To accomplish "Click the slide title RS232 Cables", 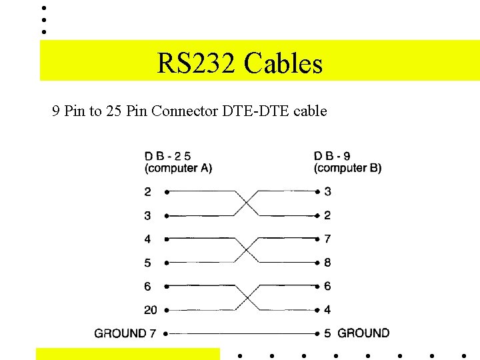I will pyautogui.click(x=240, y=64).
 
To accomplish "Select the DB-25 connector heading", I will pyautogui.click(x=168, y=156).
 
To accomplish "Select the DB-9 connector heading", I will pyautogui.click(x=333, y=156).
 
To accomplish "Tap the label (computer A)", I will pyautogui.click(x=178, y=168).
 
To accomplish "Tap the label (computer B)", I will pyautogui.click(x=348, y=168).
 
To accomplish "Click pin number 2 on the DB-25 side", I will pyautogui.click(x=147, y=192).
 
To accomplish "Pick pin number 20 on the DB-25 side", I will pyautogui.click(x=151, y=310).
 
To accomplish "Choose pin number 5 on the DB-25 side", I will pyautogui.click(x=147, y=263).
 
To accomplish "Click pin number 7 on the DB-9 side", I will pyautogui.click(x=327, y=239).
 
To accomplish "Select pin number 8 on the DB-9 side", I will pyautogui.click(x=327, y=263).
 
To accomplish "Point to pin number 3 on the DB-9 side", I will pyautogui.click(x=327, y=192).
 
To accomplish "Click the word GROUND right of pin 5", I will pyautogui.click(x=364, y=333).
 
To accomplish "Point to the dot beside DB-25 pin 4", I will pyautogui.click(x=165, y=239).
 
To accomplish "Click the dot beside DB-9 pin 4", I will pyautogui.click(x=317, y=310).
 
